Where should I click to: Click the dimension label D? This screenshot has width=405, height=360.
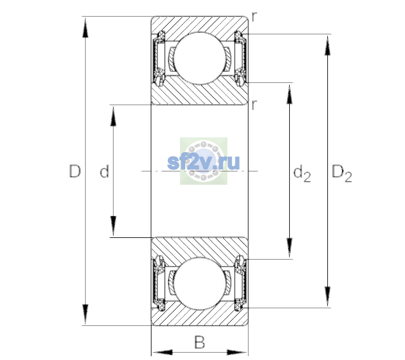(75, 171)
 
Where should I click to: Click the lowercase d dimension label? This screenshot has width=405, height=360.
(104, 171)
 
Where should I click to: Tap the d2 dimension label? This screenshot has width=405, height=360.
(302, 173)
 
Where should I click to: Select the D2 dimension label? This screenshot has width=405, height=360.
(342, 173)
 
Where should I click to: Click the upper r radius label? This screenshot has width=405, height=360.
(254, 17)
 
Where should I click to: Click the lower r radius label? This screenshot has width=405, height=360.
(254, 105)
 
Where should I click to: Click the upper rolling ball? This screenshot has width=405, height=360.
(199, 58)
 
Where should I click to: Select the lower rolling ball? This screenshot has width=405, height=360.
(199, 284)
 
